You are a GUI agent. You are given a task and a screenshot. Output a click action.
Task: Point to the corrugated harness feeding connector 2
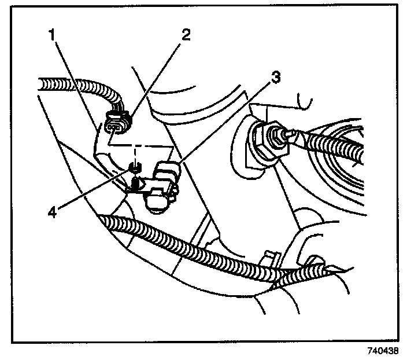tap(75, 90)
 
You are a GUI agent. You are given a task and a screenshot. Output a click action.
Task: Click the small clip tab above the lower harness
tap(267, 255)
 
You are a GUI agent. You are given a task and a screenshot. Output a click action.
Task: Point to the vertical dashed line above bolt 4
tap(135, 153)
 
